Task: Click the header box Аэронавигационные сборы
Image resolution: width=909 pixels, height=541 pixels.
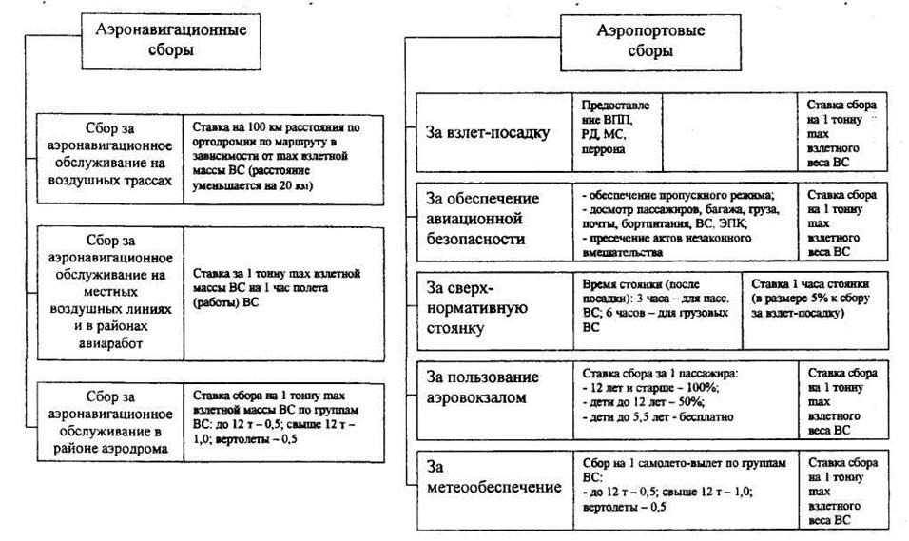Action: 171,41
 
